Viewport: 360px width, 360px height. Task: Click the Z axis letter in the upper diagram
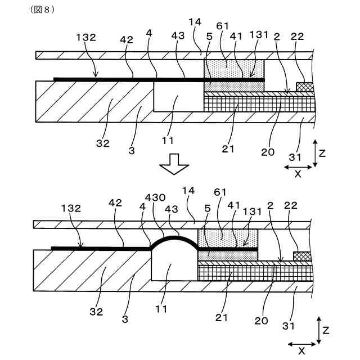[321, 152]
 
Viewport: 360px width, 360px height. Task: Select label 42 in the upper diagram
[125, 40]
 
